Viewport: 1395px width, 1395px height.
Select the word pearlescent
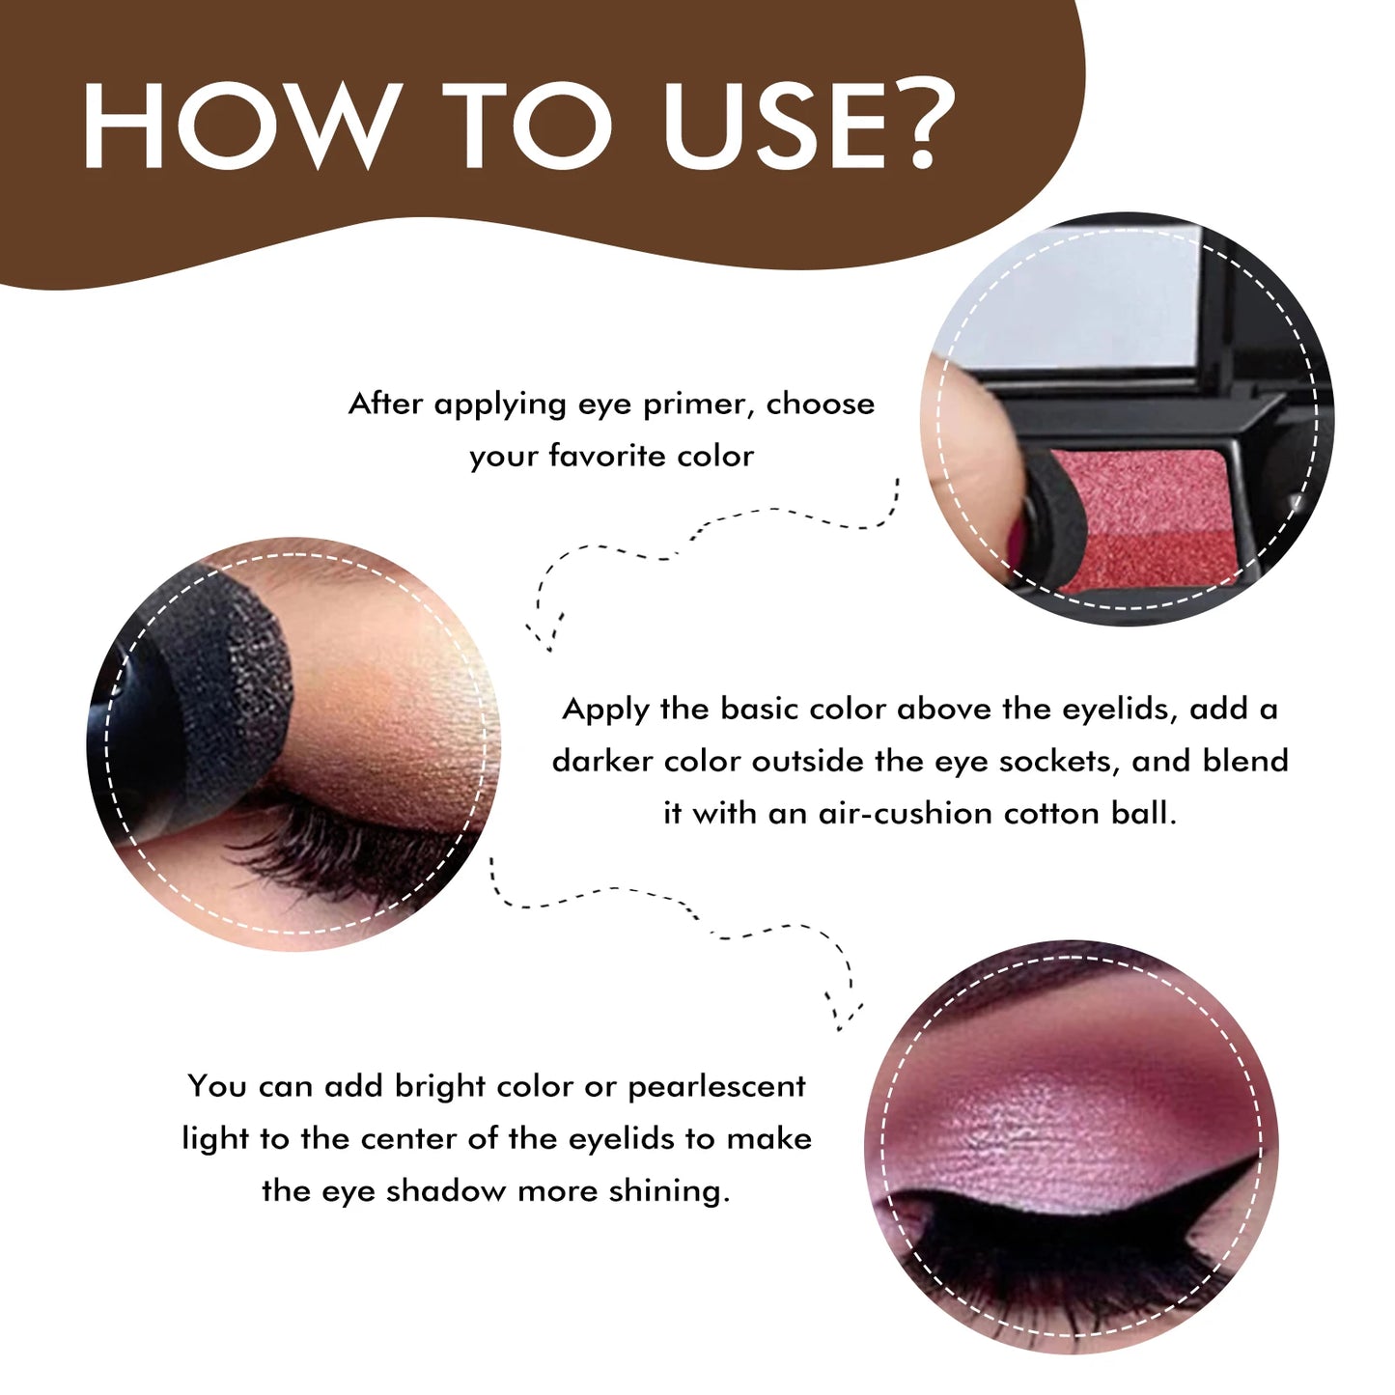click(716, 1087)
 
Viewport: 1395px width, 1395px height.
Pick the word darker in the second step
click(603, 762)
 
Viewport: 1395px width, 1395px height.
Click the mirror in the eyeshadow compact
click(1081, 299)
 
